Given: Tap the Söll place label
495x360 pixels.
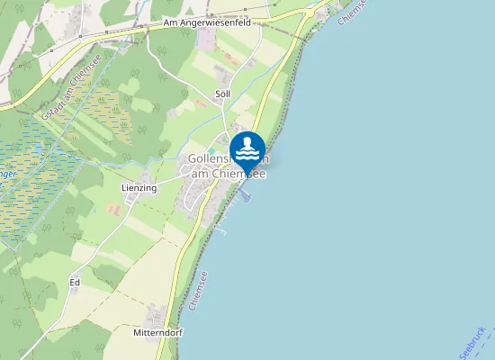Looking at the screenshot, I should [222, 94].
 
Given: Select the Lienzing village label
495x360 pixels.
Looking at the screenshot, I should [139, 188].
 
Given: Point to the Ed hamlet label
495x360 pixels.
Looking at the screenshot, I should [75, 283].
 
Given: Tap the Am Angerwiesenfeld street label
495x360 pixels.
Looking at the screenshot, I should [207, 23].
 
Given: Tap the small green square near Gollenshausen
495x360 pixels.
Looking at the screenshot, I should [212, 150].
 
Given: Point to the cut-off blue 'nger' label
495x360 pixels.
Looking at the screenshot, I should [7, 174].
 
